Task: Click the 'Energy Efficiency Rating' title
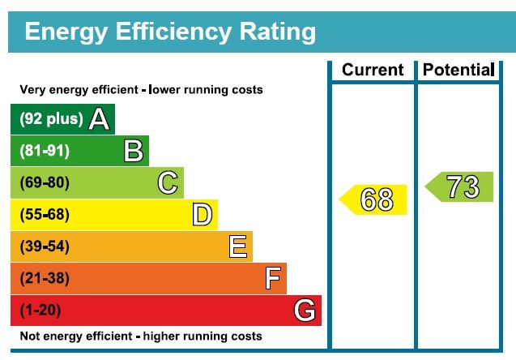point(170,32)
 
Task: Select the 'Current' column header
point(373,70)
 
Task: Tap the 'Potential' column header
point(458,70)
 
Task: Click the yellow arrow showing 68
point(373,199)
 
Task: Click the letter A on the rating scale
point(99,119)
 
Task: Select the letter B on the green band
point(134,151)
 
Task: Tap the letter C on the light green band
point(168,183)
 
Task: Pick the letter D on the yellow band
point(203,215)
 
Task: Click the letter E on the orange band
point(237,246)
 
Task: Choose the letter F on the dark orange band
point(273,279)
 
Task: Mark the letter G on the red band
point(305,310)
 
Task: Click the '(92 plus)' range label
point(51,119)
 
